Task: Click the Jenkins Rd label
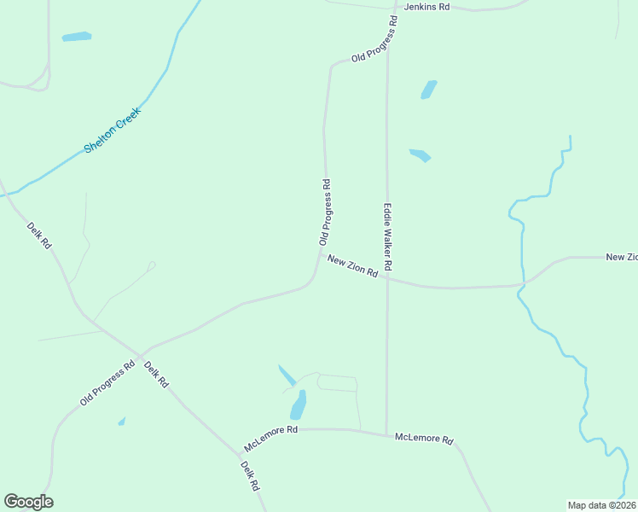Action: coord(426,7)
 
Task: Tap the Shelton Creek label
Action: coord(113,131)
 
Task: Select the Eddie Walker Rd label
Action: coord(387,236)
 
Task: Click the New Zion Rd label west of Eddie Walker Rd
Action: coord(352,267)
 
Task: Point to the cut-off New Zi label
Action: coord(621,257)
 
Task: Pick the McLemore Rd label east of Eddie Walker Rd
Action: coord(424,439)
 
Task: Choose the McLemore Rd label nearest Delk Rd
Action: coord(270,439)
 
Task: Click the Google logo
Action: coord(28,502)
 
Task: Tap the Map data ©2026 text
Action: coord(602,504)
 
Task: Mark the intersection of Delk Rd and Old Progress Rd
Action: coord(140,355)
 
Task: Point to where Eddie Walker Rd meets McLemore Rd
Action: coord(386,434)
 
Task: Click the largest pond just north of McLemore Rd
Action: coord(299,404)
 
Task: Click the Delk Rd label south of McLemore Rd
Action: coord(249,476)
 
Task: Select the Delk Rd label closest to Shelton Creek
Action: coord(39,234)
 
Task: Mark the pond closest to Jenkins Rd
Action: coord(428,89)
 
